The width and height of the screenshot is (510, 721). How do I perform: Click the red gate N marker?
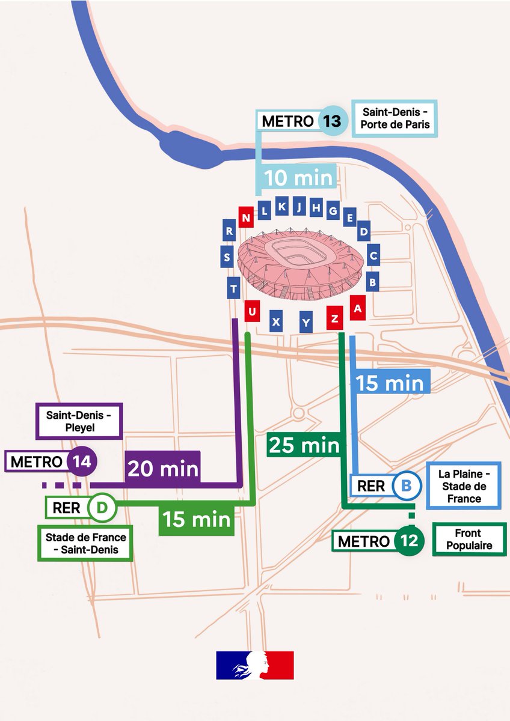(x=245, y=217)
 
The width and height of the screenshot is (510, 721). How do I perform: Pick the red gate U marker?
(x=251, y=311)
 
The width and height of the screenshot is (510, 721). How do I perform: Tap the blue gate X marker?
(x=276, y=321)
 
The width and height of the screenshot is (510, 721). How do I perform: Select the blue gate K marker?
(x=282, y=207)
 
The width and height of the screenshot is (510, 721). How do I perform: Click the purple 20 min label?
(x=163, y=467)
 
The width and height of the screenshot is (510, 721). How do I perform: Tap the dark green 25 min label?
(x=304, y=445)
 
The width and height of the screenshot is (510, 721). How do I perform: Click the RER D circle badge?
(x=102, y=507)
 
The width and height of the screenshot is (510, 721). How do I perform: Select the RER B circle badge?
(x=407, y=485)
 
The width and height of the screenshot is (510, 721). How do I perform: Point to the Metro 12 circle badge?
(x=410, y=541)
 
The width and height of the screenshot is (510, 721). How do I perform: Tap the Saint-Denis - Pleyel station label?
(x=81, y=421)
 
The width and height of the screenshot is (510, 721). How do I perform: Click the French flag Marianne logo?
(x=255, y=665)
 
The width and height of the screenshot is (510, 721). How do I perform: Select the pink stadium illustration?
(x=300, y=263)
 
